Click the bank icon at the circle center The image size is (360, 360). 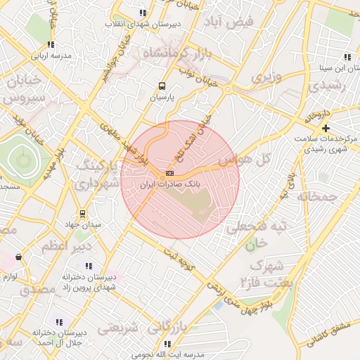coord(169,173)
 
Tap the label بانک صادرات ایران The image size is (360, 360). coord(169,184)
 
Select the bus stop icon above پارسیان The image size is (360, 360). coord(162,86)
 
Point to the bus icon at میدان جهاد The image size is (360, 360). coord(83,213)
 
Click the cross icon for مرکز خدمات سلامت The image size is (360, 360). coord(325,128)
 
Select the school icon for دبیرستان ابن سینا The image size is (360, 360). coord(347,57)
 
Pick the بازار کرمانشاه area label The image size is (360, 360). coord(173,53)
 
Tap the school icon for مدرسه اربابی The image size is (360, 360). coord(50,44)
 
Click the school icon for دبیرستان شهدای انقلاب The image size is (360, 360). coord(143,13)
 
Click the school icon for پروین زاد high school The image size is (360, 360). coord(89,266)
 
